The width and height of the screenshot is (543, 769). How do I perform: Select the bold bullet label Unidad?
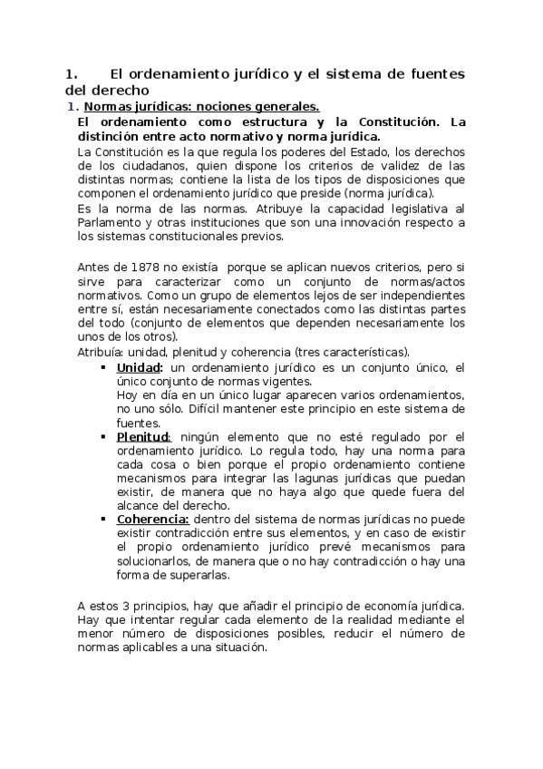point(140,367)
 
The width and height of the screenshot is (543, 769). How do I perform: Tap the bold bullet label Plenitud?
point(142,437)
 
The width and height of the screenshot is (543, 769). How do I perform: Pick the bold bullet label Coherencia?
point(152,519)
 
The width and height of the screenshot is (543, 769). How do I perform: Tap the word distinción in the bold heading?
point(113,136)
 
